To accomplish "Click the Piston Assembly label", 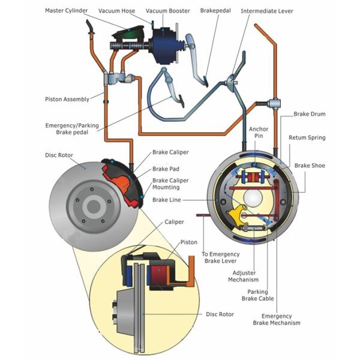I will coord(67,99).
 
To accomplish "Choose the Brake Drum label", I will coord(309,113).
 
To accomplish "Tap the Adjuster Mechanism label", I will coord(244,275).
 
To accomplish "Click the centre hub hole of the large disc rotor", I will coord(92,208).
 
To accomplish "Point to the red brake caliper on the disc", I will coord(124,180).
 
